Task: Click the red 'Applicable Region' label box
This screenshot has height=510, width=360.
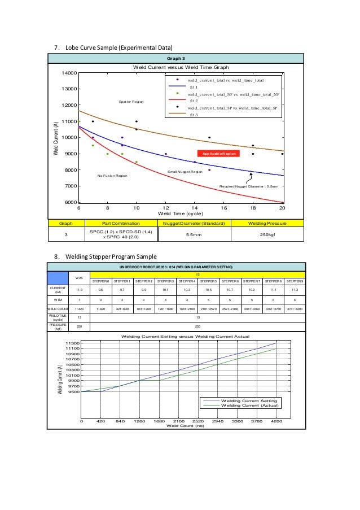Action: pyautogui.click(x=218, y=153)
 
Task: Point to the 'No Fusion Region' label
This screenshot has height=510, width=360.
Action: pyautogui.click(x=112, y=176)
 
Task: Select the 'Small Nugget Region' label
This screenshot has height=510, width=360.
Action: pyautogui.click(x=185, y=171)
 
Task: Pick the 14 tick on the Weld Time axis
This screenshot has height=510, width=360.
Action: pyautogui.click(x=195, y=207)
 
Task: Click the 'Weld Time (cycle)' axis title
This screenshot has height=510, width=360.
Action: pyautogui.click(x=181, y=213)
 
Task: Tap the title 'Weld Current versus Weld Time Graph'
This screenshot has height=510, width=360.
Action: pyautogui.click(x=181, y=67)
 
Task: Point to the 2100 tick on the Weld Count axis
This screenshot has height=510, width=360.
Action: pyautogui.click(x=178, y=421)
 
